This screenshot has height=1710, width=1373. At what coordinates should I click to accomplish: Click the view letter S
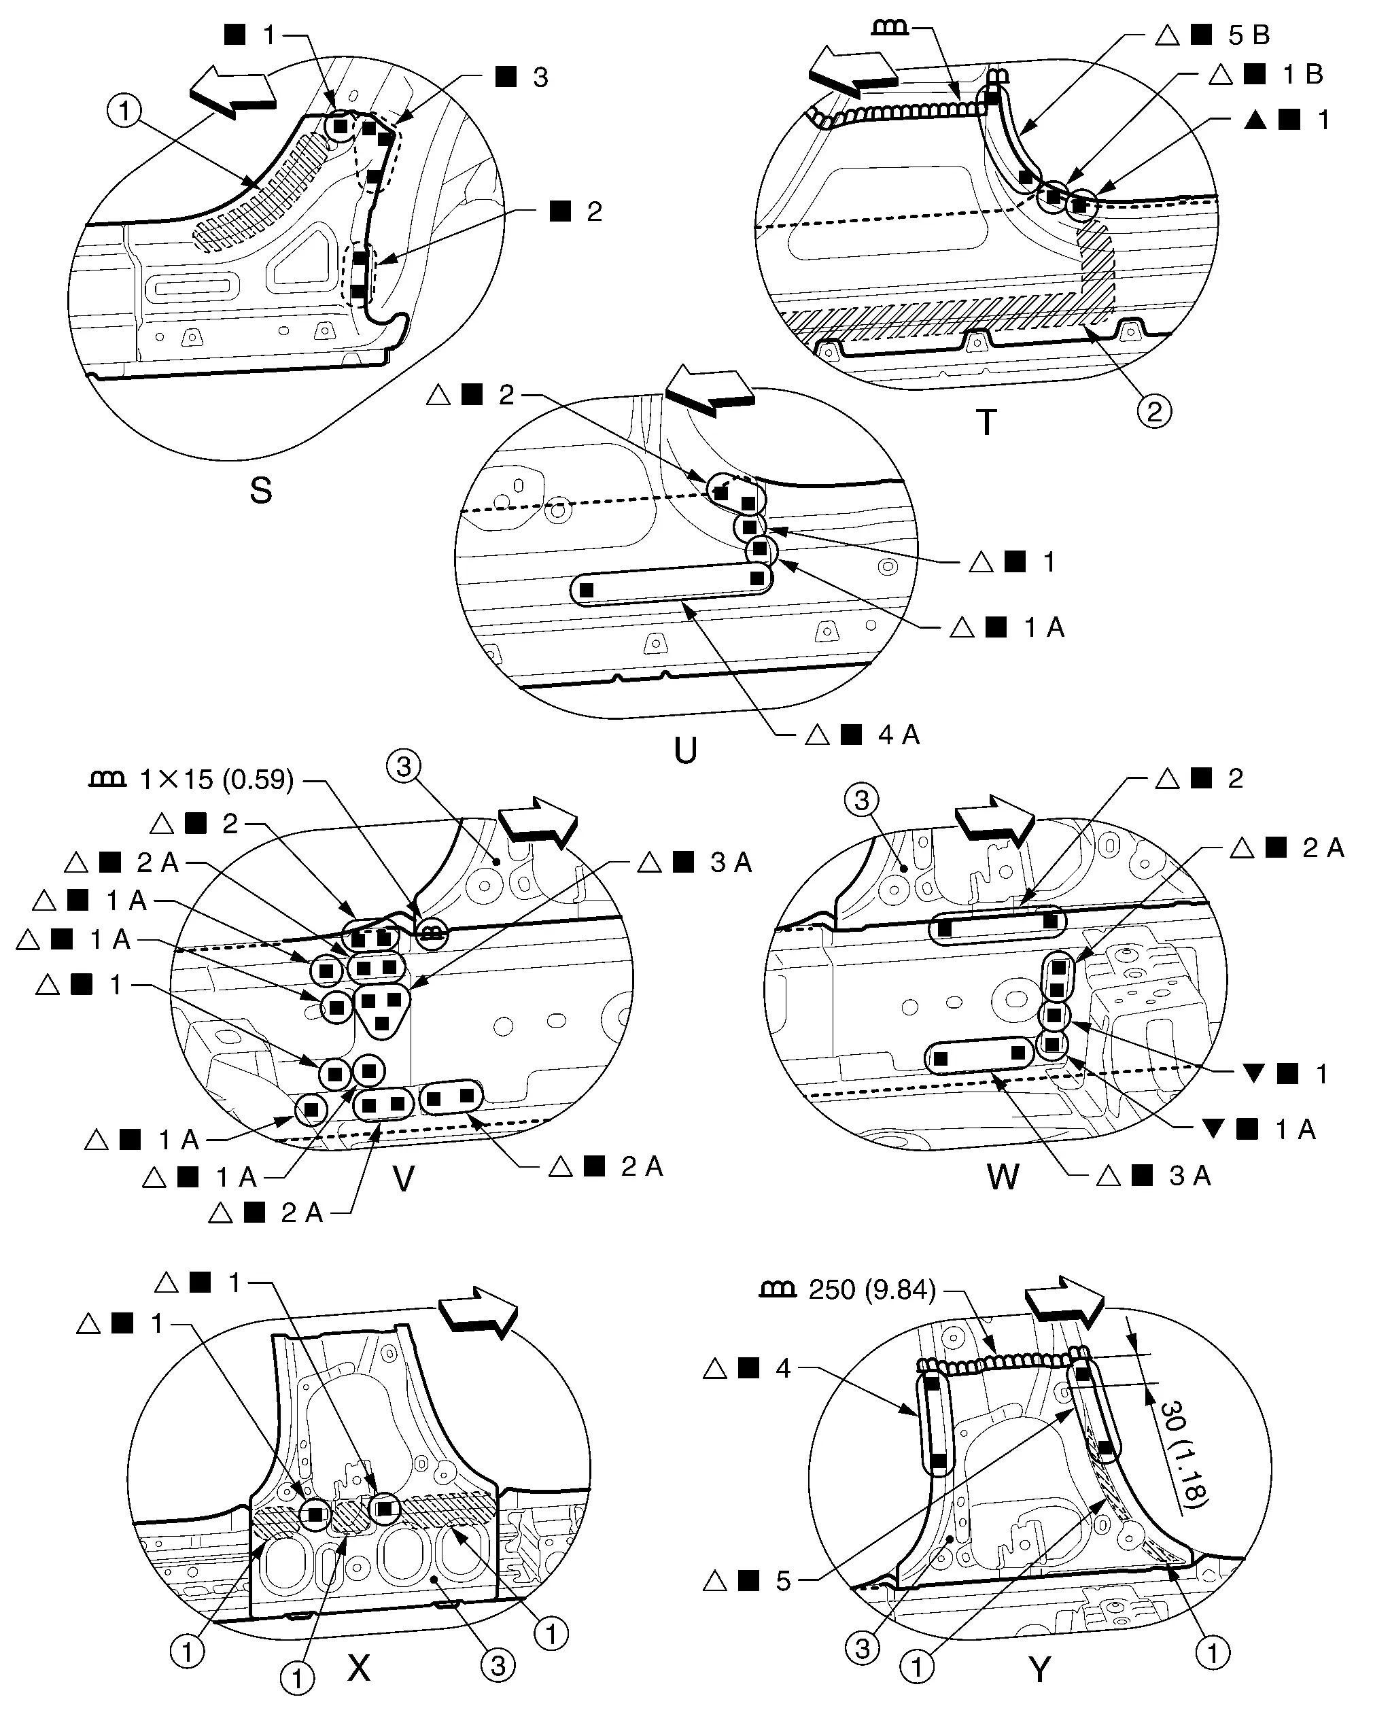(260, 491)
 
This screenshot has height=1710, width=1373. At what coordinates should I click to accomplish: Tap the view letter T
(986, 423)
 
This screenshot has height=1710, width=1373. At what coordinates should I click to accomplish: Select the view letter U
(685, 750)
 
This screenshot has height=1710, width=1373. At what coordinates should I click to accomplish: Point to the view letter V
(404, 1180)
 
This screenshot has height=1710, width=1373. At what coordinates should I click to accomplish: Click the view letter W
(1003, 1177)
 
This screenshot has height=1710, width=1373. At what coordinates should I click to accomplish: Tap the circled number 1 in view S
(124, 111)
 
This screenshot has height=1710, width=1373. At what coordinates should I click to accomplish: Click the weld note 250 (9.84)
(871, 1291)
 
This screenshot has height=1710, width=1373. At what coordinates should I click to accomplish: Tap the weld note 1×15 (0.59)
(215, 780)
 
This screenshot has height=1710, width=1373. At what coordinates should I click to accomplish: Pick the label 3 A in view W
(1189, 1176)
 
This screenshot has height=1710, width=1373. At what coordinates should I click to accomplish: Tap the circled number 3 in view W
(863, 799)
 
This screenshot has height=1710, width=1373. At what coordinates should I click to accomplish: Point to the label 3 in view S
(540, 77)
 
